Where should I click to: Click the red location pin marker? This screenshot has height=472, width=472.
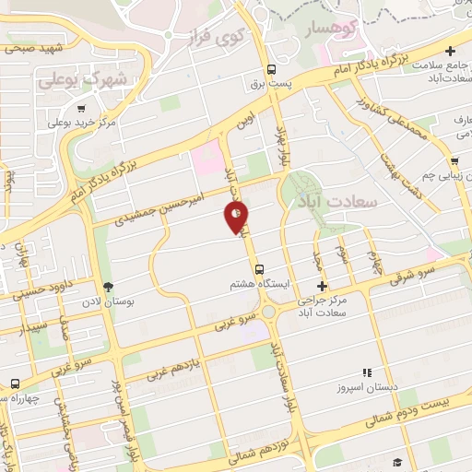pyautogui.click(x=237, y=218)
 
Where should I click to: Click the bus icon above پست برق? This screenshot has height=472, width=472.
pyautogui.click(x=271, y=69)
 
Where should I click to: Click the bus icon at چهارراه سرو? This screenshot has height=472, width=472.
pyautogui.click(x=15, y=383)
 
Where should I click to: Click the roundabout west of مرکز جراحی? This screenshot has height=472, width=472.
pyautogui.click(x=270, y=313)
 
